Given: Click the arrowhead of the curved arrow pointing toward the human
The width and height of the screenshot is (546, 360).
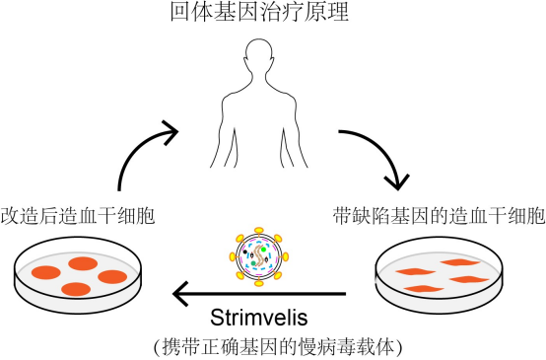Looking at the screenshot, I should [x=171, y=129].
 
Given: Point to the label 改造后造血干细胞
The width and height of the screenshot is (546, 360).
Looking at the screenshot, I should [x=76, y=215].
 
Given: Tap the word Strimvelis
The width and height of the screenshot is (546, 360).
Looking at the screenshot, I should [x=260, y=318].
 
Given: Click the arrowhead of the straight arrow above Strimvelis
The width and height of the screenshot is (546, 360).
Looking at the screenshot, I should [x=181, y=293].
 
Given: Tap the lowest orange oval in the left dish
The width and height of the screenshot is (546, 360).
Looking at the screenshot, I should [x=77, y=289].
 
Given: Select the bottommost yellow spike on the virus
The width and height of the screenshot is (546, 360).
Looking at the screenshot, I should [x=258, y=283].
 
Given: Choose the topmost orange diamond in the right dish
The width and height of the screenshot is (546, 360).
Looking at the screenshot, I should [x=459, y=262].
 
